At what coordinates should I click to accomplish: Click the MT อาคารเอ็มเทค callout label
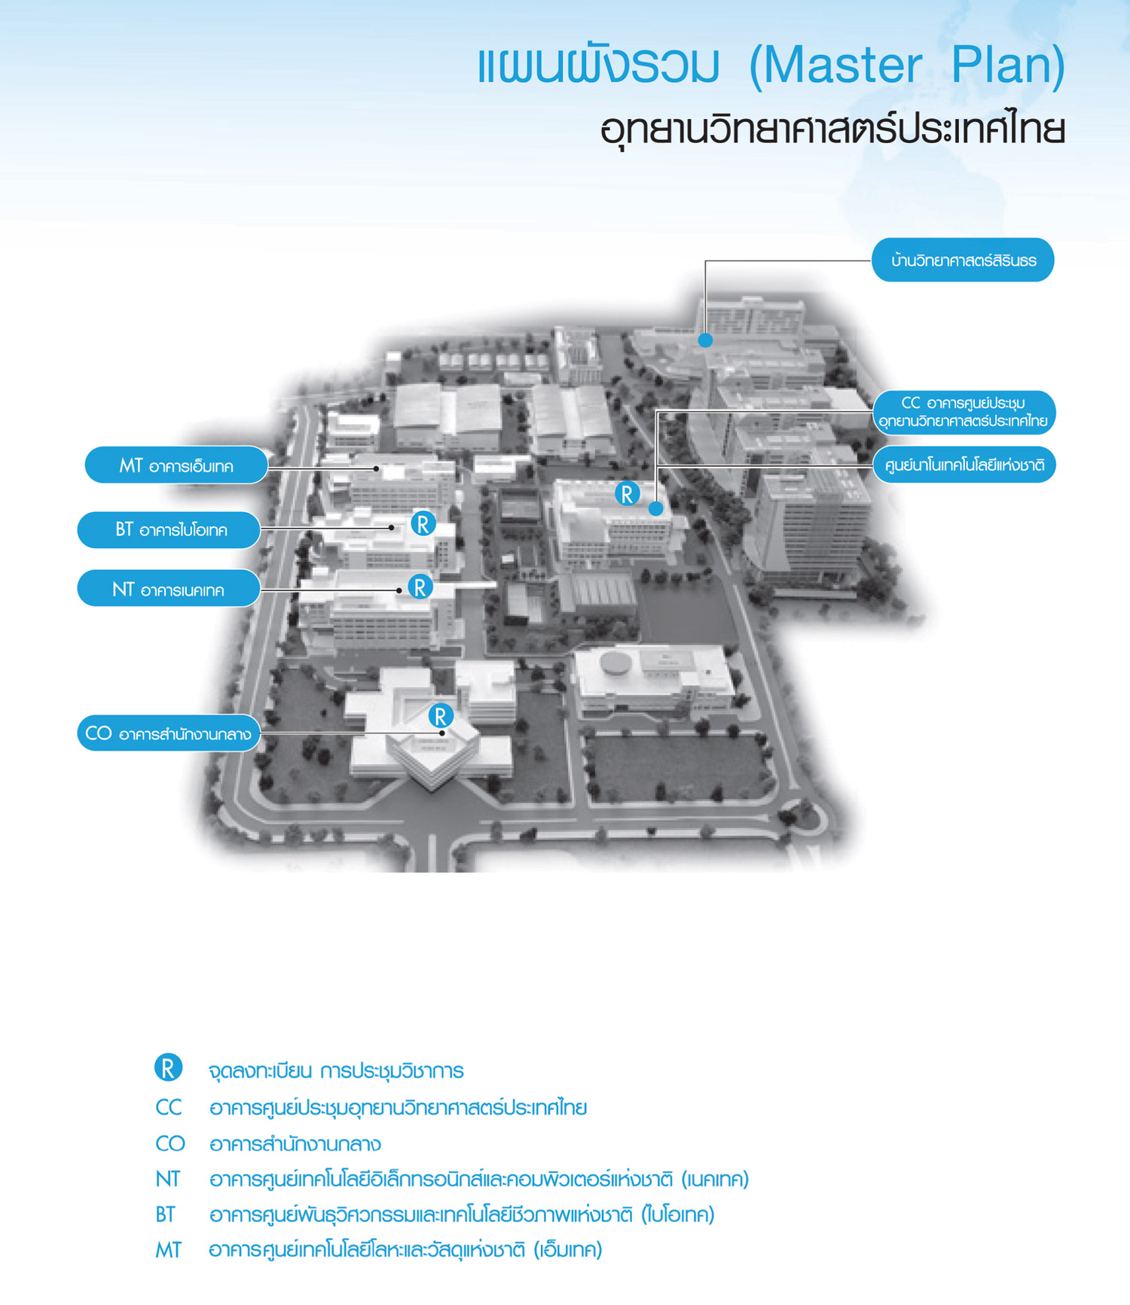point(176,465)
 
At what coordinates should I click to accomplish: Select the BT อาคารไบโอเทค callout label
point(169,529)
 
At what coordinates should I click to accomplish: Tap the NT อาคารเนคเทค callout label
point(169,589)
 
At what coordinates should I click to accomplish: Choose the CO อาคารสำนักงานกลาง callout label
point(169,733)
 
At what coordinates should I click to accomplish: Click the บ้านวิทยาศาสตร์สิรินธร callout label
point(963,261)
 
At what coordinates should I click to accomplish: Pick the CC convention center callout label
point(964,412)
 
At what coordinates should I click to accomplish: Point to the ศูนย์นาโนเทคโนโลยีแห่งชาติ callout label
point(964,465)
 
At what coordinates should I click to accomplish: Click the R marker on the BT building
point(423,524)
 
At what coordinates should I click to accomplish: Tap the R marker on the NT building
point(420,587)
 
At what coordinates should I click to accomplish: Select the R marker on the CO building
point(441,715)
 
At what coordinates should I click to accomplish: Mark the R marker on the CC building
point(627,494)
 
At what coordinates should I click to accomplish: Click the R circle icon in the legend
point(168,1068)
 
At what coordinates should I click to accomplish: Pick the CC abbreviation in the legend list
point(169,1107)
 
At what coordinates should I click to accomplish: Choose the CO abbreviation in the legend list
point(170,1143)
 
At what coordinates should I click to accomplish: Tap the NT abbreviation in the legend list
point(168,1178)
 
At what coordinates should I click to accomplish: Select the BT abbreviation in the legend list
point(166,1214)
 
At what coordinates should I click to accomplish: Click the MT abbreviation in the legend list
point(169,1250)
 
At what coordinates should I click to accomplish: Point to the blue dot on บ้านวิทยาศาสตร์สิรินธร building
point(705,340)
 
